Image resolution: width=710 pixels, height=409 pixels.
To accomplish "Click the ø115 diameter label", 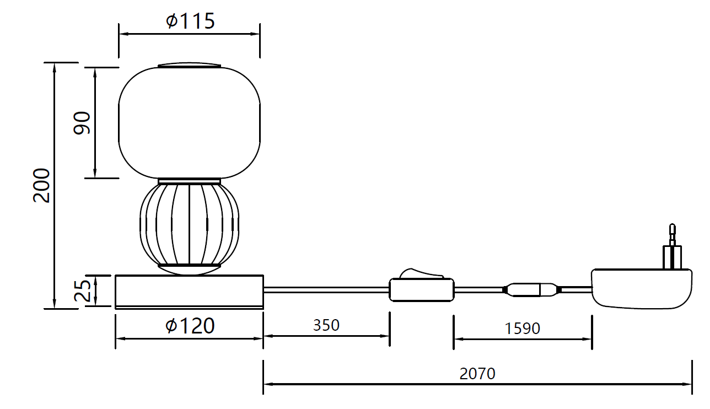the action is click(x=190, y=21).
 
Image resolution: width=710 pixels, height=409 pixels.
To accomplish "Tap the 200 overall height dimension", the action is click(x=41, y=185).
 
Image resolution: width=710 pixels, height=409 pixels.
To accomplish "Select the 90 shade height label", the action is click(x=82, y=123).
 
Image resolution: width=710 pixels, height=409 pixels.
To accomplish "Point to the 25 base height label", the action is click(x=82, y=290).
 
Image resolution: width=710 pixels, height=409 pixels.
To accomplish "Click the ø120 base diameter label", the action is click(x=190, y=326).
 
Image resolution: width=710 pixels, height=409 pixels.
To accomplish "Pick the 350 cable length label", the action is click(x=326, y=325).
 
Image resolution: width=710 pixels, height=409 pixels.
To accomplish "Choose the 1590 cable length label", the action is click(x=523, y=329).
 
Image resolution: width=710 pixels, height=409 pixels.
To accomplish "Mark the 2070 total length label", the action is click(x=477, y=374).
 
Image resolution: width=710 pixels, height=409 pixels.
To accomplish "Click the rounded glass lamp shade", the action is click(x=189, y=123).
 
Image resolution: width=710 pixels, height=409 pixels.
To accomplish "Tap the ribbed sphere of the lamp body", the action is click(x=189, y=224).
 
